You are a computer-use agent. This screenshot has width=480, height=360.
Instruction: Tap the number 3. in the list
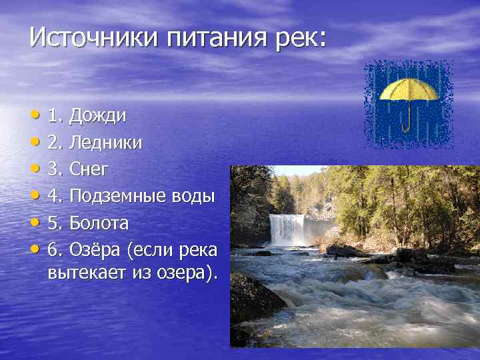point(56,169)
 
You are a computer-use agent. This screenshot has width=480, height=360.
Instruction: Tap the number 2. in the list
point(56,143)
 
